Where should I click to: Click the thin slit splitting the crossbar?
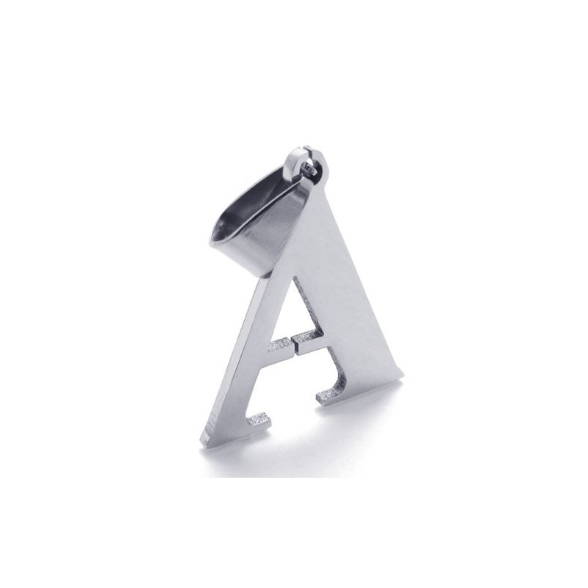coord(292,343)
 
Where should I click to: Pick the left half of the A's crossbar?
coord(279,345)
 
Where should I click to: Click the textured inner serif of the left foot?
coord(259,420)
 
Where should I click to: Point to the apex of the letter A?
coord(316,184)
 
